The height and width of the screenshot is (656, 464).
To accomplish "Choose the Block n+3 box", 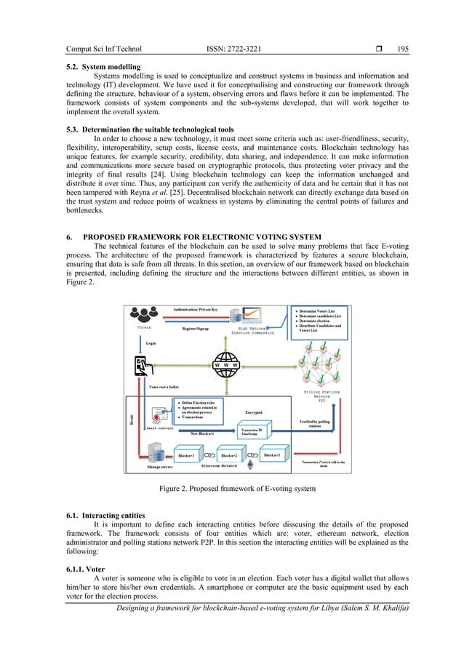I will click(x=277, y=455).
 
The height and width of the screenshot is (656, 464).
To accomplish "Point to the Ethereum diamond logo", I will click(x=252, y=456).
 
